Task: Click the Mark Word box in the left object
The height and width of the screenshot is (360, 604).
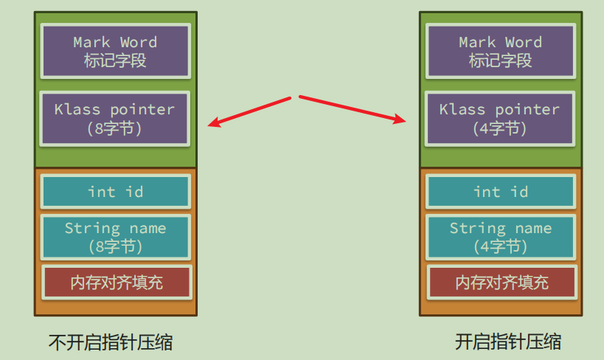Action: (x=116, y=51)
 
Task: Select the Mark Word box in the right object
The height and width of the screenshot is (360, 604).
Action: (x=501, y=51)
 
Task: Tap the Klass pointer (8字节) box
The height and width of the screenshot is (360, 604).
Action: (x=115, y=119)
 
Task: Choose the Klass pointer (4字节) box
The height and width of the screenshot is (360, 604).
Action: (x=500, y=119)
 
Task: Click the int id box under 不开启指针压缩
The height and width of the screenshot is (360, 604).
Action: (x=116, y=192)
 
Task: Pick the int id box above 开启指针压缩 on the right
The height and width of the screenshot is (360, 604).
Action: (x=501, y=192)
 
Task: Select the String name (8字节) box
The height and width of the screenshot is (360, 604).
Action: (x=116, y=237)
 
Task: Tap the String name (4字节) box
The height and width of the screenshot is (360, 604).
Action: (x=501, y=237)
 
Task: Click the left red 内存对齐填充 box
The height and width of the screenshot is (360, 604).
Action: (x=117, y=282)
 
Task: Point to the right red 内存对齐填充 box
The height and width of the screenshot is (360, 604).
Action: (x=502, y=282)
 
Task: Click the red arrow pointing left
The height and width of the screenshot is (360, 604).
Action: (x=249, y=112)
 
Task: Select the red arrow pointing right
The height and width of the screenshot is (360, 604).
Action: (x=353, y=109)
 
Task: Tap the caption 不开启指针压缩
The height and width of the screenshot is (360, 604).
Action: (x=111, y=342)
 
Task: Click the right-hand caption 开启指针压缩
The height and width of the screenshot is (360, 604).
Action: (x=508, y=342)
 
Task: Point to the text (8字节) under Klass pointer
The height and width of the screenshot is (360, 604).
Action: (x=114, y=128)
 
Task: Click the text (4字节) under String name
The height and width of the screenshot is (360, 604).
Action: (x=500, y=246)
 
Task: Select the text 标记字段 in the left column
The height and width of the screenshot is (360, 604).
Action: (x=115, y=60)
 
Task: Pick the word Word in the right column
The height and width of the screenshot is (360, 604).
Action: (x=524, y=42)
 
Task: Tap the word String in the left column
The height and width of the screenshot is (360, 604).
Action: (x=92, y=229)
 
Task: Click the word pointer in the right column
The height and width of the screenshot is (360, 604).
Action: (x=527, y=110)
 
